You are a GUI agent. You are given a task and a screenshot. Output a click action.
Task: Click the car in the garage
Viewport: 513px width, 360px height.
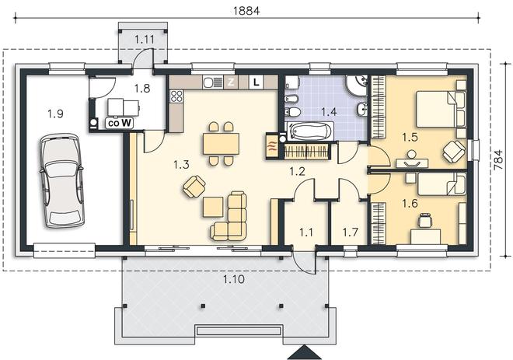(x=61, y=180)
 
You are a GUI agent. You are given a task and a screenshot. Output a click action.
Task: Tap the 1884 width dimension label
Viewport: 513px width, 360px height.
(x=246, y=10)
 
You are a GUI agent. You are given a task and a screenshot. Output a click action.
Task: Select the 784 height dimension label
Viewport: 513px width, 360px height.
(x=497, y=159)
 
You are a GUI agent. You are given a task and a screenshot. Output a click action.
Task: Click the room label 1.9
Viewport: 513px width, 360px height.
(x=55, y=114)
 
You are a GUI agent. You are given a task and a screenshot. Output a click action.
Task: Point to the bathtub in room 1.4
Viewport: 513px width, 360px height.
(x=309, y=131)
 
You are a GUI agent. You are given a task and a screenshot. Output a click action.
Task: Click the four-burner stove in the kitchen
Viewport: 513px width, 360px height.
(x=176, y=96)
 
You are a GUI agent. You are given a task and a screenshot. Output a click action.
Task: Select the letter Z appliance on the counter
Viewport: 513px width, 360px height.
(x=231, y=82)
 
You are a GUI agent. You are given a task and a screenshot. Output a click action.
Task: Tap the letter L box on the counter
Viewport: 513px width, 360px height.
(x=256, y=82)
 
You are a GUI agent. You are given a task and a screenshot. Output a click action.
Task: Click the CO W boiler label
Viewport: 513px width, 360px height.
(x=120, y=124)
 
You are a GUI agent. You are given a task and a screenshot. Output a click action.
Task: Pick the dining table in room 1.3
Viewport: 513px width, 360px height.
(x=222, y=144)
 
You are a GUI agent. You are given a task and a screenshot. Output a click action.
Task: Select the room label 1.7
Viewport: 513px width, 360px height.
(x=350, y=232)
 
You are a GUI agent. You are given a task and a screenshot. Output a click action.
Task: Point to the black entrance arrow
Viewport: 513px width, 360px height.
(x=305, y=352)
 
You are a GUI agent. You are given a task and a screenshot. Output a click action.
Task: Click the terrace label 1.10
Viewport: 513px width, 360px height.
(x=234, y=279)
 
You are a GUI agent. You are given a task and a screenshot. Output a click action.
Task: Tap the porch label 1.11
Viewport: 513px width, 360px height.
(x=145, y=40)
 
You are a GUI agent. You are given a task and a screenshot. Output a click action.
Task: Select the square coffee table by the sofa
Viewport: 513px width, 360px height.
(x=213, y=207)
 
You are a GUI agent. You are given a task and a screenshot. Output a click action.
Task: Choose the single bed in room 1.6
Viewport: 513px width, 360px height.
(x=441, y=184)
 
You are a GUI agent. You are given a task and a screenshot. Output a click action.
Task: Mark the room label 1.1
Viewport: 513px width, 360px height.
(x=306, y=232)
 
